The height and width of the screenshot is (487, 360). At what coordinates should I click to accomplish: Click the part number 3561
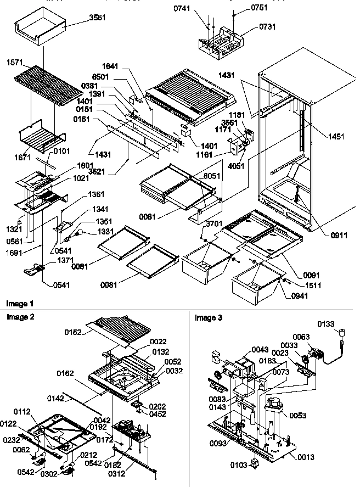point(97,18)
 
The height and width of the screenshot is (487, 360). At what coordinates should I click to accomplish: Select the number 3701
point(215,223)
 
